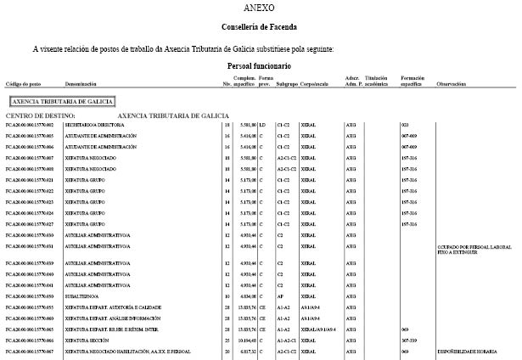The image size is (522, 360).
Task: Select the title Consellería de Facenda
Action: (260, 28)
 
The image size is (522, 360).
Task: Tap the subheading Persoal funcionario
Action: (259, 65)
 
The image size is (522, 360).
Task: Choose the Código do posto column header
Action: (23, 85)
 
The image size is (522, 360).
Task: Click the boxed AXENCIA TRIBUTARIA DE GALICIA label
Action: (59, 100)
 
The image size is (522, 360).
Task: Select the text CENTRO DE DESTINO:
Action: (41, 115)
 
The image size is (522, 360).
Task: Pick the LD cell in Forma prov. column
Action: (262, 125)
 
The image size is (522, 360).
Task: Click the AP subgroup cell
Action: (281, 296)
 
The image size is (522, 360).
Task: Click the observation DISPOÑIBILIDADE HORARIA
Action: (466, 351)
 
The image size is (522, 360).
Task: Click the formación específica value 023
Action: (405, 125)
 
